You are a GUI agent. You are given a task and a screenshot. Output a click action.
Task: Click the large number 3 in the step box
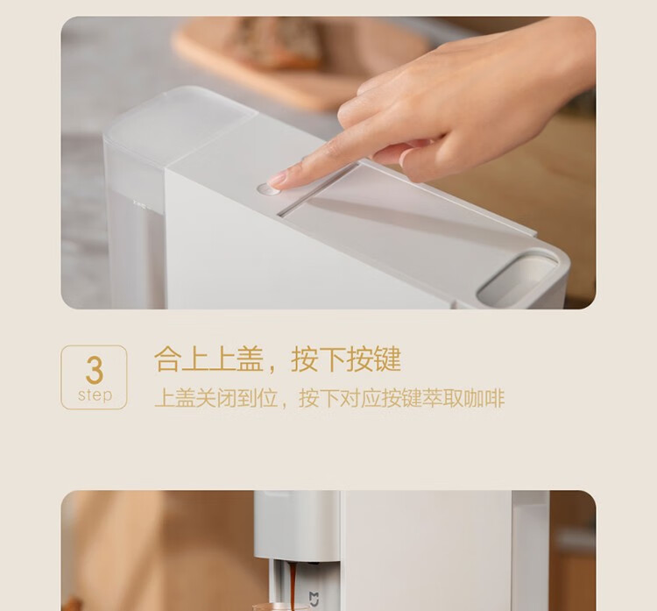pyautogui.click(x=95, y=370)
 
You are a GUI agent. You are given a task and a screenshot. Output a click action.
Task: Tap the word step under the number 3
pyautogui.click(x=95, y=395)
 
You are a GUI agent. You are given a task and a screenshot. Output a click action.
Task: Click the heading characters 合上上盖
pyautogui.click(x=208, y=359)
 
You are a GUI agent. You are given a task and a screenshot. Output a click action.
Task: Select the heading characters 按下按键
pyautogui.click(x=346, y=359)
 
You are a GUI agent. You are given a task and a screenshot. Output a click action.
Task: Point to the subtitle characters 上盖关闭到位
pyautogui.click(x=216, y=398)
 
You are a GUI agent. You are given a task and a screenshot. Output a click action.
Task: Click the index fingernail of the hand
pyautogui.click(x=277, y=181)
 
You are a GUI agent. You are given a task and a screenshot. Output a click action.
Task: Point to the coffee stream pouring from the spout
pyautogui.click(x=293, y=585)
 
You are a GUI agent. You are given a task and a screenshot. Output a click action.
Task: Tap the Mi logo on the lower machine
pyautogui.click(x=314, y=598)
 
